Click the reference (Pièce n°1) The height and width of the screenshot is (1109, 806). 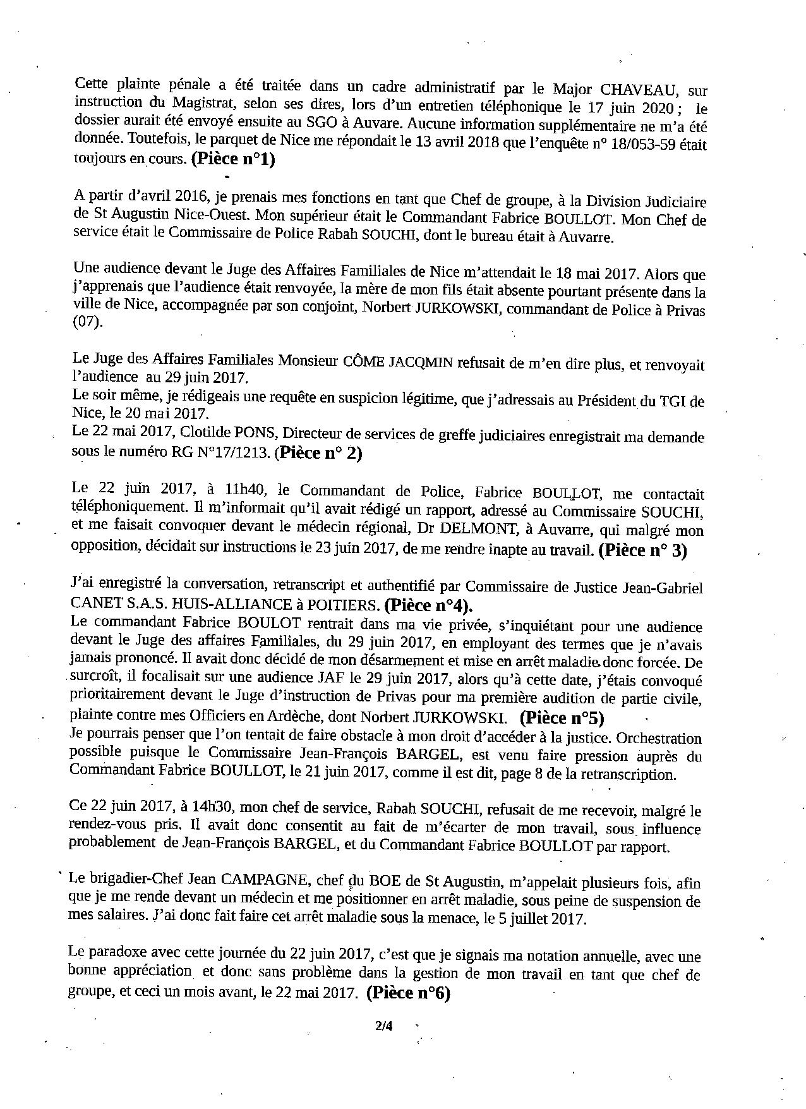(233, 160)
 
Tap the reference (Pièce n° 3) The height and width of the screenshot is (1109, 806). (642, 550)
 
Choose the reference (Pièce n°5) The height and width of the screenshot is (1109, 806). (562, 718)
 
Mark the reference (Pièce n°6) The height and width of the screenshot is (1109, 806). (407, 993)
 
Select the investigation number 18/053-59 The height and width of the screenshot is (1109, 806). (637, 143)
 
